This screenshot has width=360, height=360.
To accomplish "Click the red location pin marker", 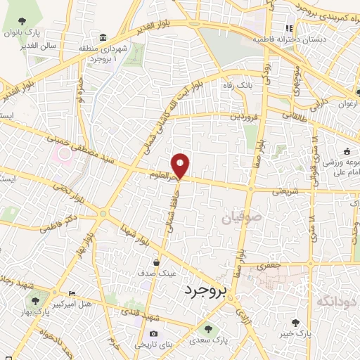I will [181, 165].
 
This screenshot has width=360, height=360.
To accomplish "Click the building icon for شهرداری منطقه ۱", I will [103, 37].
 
